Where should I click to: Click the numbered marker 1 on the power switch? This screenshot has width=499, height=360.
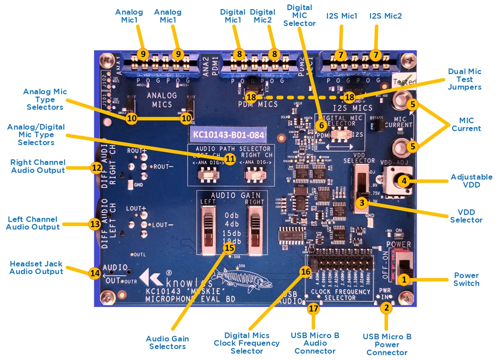tap(404, 280)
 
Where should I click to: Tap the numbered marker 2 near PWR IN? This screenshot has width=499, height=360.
tap(385, 308)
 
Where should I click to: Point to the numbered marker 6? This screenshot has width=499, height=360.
tap(321, 125)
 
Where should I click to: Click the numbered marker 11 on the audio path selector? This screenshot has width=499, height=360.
tap(230, 159)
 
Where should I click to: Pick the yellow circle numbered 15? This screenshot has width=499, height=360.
tap(229, 248)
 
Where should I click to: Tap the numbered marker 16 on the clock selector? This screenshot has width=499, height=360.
tap(305, 271)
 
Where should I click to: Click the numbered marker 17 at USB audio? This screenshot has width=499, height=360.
tap(313, 308)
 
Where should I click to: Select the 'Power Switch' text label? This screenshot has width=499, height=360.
tap(466, 279)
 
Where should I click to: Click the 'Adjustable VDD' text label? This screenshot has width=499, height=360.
tap(471, 181)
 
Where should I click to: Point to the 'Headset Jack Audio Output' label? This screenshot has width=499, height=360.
tap(36, 268)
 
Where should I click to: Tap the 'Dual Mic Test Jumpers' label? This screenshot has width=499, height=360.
tap(465, 79)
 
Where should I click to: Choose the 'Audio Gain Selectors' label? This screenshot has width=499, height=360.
tap(167, 342)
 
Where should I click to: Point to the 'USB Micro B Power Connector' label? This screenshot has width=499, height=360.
tap(387, 344)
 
